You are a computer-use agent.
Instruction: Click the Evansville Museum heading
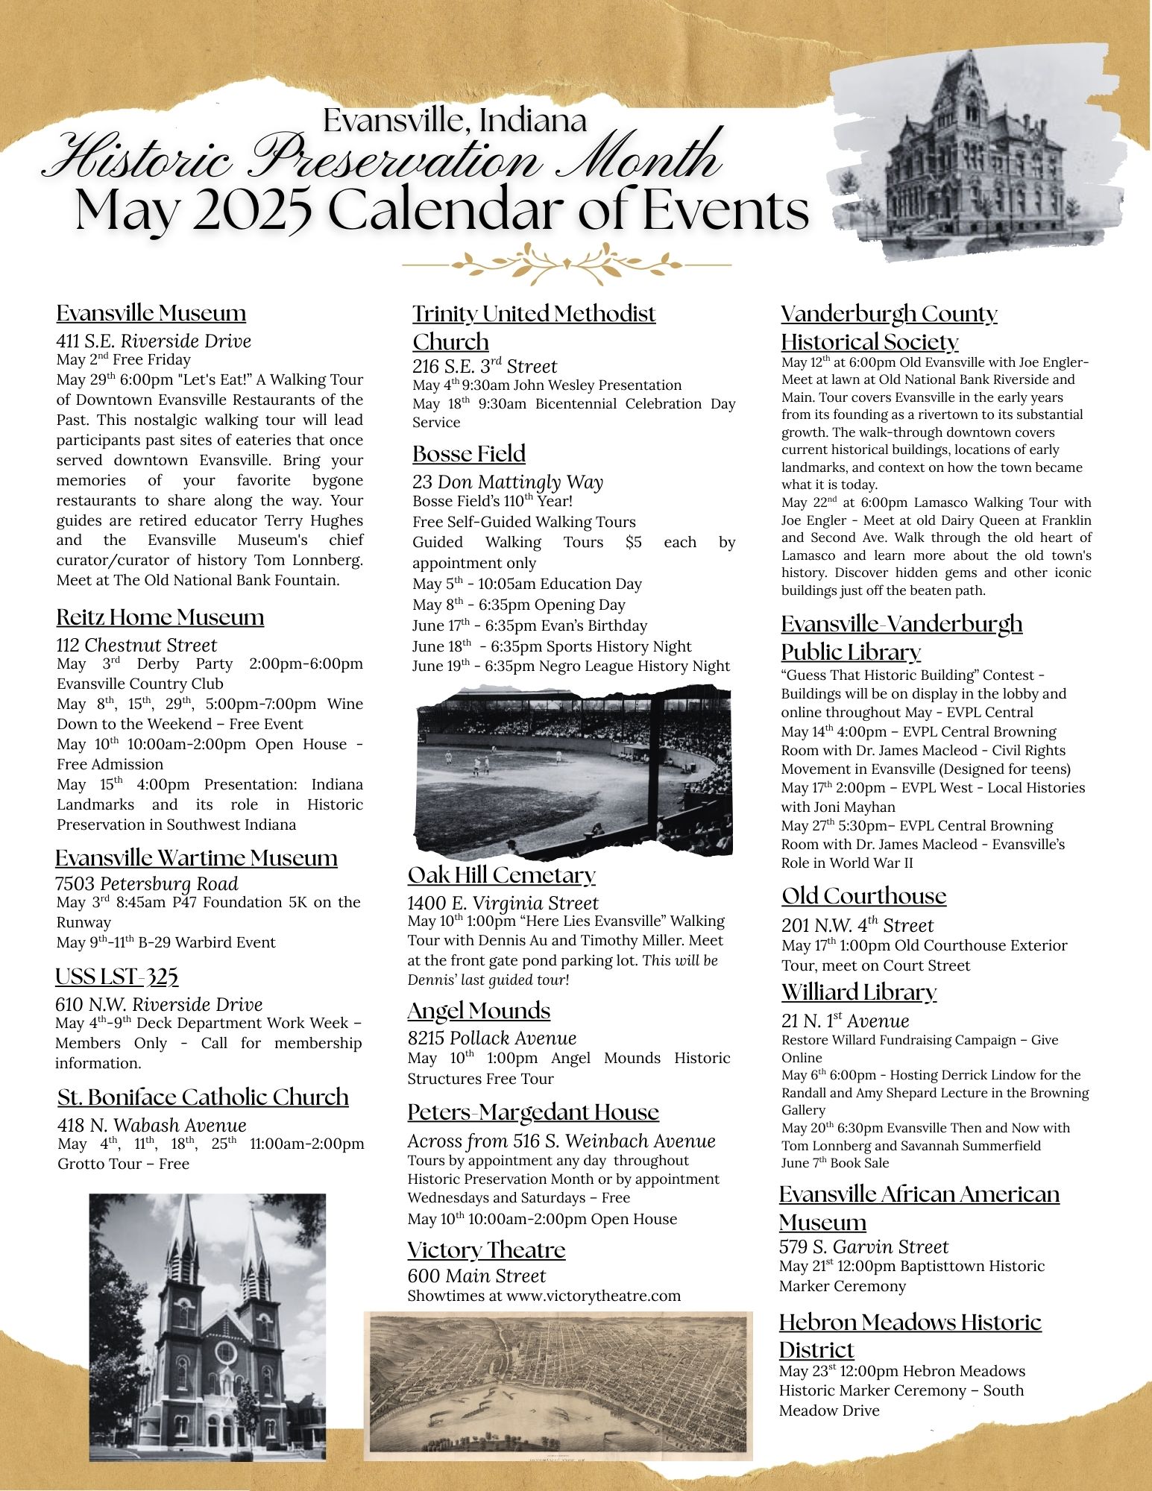point(151,313)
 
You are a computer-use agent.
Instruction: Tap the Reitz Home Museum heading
point(160,617)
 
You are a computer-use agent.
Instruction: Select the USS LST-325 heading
point(116,977)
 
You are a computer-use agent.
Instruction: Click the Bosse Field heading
point(469,454)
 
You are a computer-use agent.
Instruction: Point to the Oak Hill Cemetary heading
point(501,874)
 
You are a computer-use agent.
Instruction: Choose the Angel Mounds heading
point(479,1011)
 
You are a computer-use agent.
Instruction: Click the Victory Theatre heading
point(486,1249)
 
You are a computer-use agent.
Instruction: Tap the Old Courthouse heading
point(863,896)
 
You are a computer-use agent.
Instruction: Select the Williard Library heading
point(859,992)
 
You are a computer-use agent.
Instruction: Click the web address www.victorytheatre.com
point(594,1296)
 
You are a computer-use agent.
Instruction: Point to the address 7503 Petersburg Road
point(146,884)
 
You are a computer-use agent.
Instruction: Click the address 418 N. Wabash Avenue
point(151,1125)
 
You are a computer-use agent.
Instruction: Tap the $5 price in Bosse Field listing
point(633,542)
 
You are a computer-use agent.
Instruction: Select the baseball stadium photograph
point(573,772)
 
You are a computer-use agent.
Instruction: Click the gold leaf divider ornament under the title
point(566,264)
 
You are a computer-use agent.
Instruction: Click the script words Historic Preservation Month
point(384,157)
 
